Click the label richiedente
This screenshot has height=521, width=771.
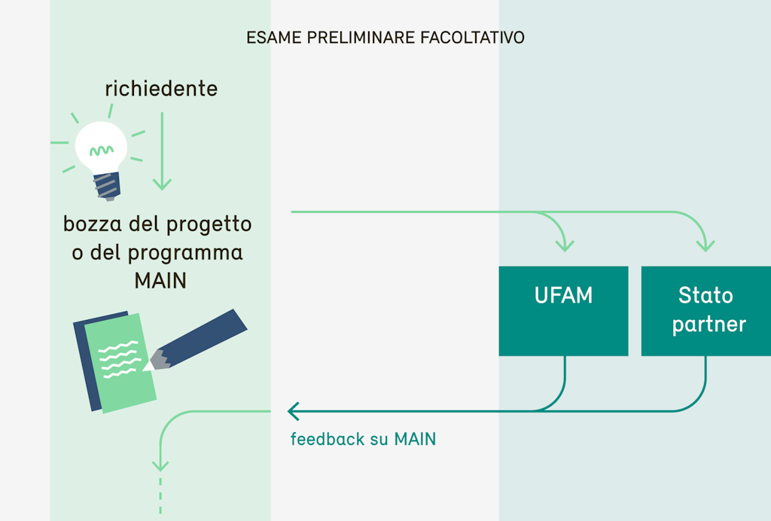[x=161, y=89]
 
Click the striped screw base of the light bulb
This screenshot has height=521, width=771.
[x=107, y=184]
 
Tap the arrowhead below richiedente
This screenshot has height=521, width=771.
[x=162, y=183]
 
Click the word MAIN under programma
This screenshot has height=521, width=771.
[x=160, y=280]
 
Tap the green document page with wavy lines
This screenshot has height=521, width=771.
[x=119, y=361]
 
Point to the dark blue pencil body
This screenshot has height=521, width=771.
[x=207, y=335]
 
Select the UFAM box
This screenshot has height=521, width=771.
[x=563, y=310]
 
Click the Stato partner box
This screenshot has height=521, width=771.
[x=706, y=310]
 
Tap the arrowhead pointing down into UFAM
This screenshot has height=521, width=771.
[x=564, y=245]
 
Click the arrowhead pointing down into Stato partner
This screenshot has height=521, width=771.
[x=705, y=245]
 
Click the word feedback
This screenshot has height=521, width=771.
[x=328, y=439]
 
